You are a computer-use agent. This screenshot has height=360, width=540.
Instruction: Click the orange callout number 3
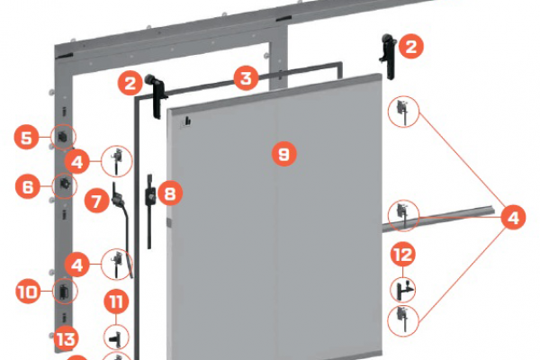pos(246,78)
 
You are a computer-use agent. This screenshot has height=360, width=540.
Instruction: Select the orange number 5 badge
pos(26,137)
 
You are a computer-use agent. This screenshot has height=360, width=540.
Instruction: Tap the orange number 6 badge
pos(28,186)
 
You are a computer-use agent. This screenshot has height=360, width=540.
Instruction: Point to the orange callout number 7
pos(97,200)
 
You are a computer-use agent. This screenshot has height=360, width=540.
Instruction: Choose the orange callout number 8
pos(170,193)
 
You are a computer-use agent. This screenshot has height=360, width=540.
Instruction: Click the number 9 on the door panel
pos(284,154)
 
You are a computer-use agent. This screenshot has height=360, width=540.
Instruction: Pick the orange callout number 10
pos(28,292)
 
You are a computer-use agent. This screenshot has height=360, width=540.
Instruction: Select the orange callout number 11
pos(116,301)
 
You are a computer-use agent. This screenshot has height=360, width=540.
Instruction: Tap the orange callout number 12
pos(402,255)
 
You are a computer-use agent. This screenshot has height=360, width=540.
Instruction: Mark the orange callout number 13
pos(66,338)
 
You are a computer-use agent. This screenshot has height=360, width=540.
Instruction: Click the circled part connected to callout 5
pos(63,137)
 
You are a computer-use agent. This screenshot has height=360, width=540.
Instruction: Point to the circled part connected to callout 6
pos(65,185)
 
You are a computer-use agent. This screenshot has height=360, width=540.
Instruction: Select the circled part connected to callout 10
pos(65,292)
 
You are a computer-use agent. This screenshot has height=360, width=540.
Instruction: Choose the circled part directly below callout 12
pos(402,290)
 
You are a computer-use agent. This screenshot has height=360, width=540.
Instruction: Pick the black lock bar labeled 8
pos(150,211)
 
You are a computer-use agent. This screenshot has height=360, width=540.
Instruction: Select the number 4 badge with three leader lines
pos(513,218)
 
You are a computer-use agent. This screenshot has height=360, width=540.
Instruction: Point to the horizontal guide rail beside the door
pos(438,219)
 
